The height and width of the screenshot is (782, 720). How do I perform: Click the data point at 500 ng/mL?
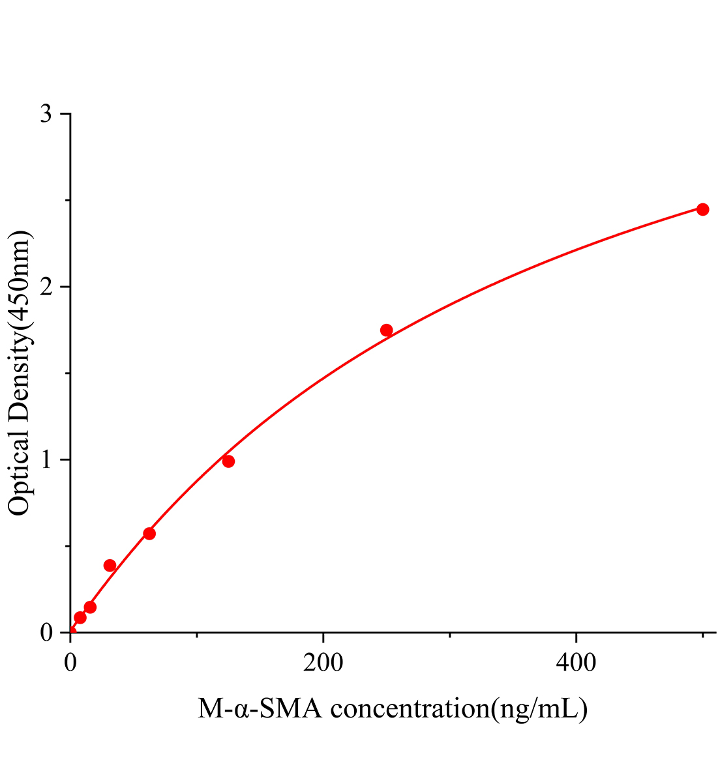702,209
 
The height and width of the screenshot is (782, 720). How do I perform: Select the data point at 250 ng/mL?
386,330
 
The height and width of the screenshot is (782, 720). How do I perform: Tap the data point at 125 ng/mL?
228,461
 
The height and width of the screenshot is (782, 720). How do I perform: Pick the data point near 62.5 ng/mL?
149,534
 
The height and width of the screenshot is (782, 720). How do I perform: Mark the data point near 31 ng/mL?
110,565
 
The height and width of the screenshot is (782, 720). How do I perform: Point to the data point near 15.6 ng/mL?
90,607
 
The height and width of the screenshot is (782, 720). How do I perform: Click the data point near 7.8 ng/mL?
80,617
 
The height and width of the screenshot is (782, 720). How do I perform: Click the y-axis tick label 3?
46,115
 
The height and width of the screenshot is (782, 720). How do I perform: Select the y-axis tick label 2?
46,287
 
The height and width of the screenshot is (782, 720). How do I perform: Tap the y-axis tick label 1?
46,460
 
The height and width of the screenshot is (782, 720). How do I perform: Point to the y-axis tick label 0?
46,633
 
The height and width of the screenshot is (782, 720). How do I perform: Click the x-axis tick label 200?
323,663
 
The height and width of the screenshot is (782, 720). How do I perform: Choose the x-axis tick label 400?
577,663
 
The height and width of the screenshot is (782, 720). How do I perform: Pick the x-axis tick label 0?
70,663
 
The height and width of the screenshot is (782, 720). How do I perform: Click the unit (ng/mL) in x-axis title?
539,708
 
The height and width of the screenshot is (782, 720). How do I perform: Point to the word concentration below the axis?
410,708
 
